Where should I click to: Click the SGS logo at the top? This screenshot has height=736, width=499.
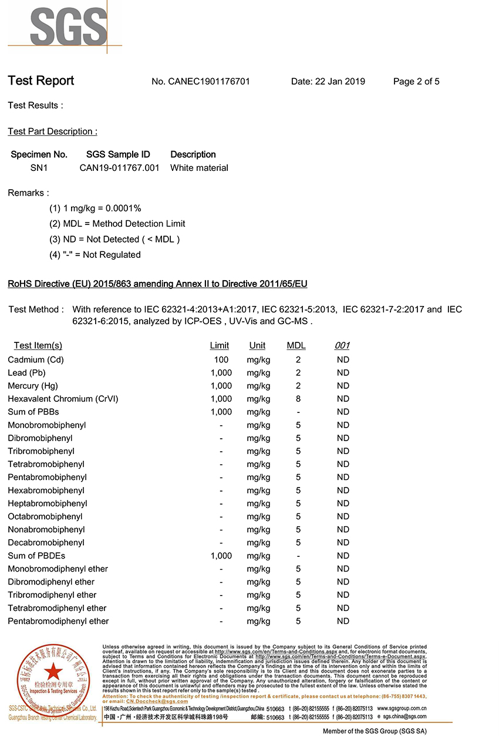click(62, 26)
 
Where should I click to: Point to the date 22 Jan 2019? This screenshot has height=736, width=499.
click(328, 82)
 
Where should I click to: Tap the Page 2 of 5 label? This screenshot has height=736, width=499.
click(416, 82)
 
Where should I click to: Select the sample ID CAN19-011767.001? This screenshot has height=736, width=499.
click(120, 168)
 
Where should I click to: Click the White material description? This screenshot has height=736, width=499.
click(199, 168)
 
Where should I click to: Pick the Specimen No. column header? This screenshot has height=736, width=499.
click(39, 154)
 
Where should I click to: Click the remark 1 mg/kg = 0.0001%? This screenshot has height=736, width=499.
click(95, 208)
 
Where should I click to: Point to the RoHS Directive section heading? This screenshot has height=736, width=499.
click(157, 284)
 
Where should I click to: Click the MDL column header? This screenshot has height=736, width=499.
click(296, 345)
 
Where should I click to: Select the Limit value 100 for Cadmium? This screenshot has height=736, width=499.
click(221, 359)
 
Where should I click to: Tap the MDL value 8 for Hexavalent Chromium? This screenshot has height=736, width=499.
click(298, 399)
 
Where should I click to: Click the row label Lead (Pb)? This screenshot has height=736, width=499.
click(26, 372)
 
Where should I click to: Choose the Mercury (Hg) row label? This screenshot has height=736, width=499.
click(33, 386)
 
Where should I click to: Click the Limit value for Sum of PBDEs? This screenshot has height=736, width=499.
click(221, 556)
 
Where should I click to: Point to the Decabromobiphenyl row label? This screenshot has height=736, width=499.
click(46, 543)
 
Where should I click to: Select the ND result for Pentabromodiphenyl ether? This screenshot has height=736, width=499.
click(343, 621)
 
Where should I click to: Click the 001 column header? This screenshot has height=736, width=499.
click(342, 345)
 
